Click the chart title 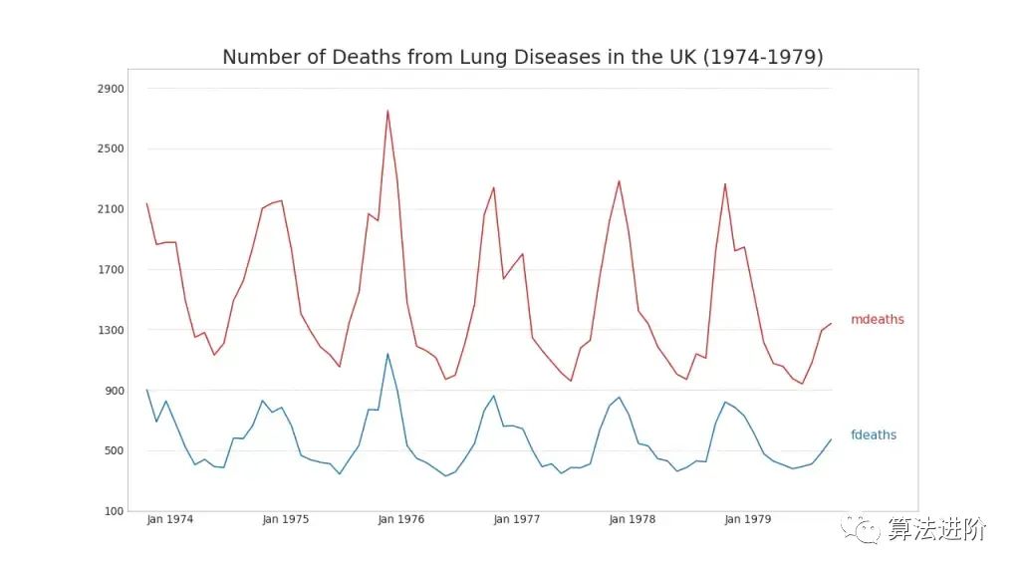point(522,57)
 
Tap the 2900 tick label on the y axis point(111,89)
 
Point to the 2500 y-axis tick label point(111,148)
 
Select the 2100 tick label point(111,209)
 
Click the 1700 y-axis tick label point(111,269)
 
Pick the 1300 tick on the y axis point(111,330)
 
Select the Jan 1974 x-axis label point(169,519)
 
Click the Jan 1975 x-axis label point(285,519)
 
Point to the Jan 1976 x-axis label point(400,519)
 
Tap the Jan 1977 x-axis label point(516,519)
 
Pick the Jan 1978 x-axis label point(632,519)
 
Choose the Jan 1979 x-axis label point(747,519)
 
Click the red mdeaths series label point(877,320)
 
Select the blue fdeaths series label point(874,435)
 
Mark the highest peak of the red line point(387,111)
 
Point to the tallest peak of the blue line point(387,354)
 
